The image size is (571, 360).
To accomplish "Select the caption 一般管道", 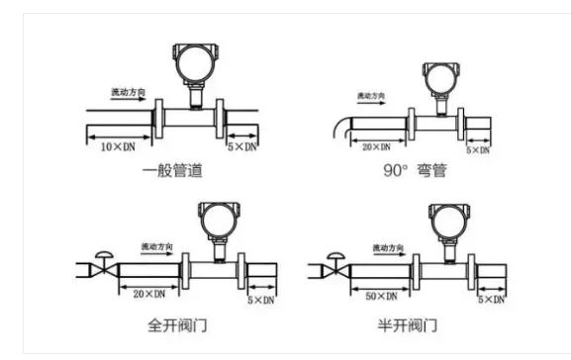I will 172,170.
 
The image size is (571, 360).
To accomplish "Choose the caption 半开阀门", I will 417,324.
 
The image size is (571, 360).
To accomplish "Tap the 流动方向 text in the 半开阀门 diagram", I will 390,245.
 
